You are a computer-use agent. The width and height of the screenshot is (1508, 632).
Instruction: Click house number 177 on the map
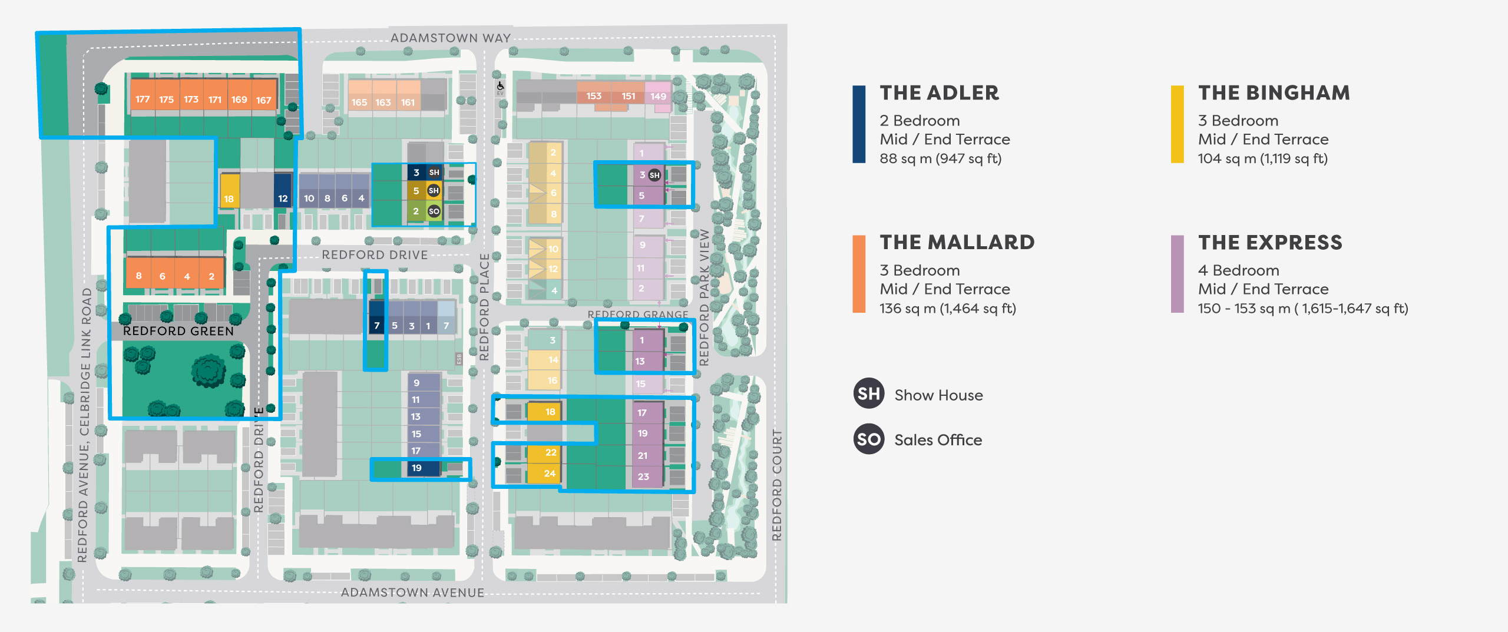tap(142, 100)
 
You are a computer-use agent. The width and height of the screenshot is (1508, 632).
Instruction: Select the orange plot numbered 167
tap(263, 100)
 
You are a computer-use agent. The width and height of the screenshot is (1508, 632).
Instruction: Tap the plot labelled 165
tap(359, 102)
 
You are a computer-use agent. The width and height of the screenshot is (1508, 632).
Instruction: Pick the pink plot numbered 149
tap(658, 97)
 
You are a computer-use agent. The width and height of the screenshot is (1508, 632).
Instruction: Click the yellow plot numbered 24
tap(549, 474)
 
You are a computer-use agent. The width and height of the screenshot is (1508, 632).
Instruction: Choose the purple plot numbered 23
tap(643, 477)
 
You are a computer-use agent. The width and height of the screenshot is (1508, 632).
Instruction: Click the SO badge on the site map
tap(434, 211)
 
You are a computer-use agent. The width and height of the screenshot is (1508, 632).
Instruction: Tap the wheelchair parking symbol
tap(500, 86)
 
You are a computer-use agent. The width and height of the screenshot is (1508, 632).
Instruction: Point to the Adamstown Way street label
tap(451, 38)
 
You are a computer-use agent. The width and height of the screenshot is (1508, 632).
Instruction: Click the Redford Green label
tap(178, 331)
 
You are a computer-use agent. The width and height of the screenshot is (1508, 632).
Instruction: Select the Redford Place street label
tap(484, 307)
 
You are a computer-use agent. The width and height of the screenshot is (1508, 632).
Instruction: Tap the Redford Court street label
tap(777, 485)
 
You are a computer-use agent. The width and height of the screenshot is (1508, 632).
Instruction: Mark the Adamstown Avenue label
tap(412, 593)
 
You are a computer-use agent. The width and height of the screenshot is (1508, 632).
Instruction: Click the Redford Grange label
tap(637, 315)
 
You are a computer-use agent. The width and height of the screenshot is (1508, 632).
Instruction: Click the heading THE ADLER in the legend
tap(939, 93)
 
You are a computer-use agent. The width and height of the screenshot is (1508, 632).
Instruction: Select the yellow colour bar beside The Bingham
tap(1177, 124)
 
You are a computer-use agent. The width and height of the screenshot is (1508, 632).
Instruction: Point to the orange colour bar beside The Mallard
tap(859, 274)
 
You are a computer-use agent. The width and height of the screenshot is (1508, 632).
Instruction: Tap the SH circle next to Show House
tap(868, 393)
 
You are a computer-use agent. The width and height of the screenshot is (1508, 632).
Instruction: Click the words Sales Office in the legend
tap(938, 440)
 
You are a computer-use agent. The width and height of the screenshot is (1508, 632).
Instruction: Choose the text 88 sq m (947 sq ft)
tap(940, 158)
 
